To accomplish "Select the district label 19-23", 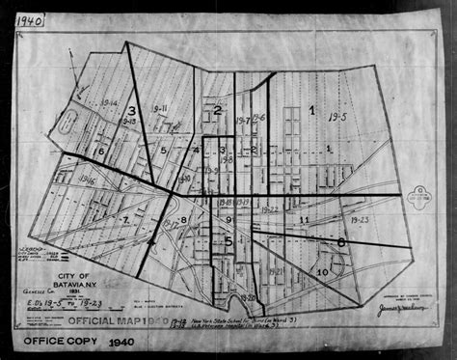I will point(359,219).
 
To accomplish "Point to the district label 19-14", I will point(109,101).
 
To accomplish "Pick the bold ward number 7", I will point(124,221).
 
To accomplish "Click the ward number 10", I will point(321,272).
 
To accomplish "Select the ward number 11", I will point(304,221).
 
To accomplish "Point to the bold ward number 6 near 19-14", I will point(100,151).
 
